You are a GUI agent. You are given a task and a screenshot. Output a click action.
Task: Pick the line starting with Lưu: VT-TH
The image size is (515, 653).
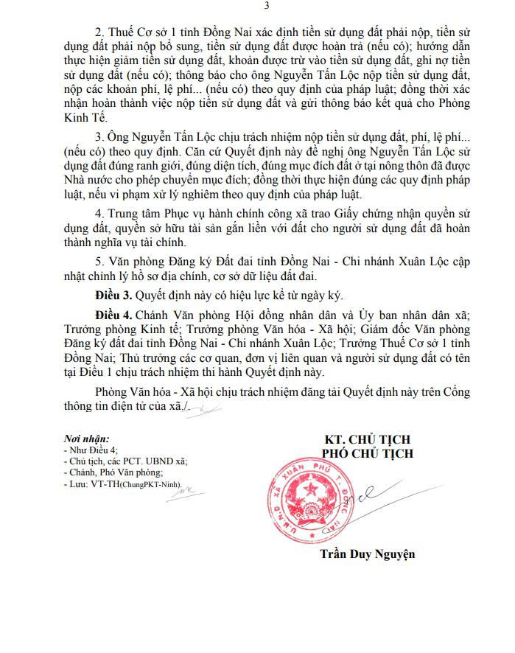tap(122, 484)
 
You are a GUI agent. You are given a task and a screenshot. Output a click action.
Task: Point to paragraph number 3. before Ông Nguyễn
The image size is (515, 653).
tap(100, 138)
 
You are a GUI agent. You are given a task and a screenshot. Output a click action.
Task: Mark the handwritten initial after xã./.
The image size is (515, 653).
tap(205, 406)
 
